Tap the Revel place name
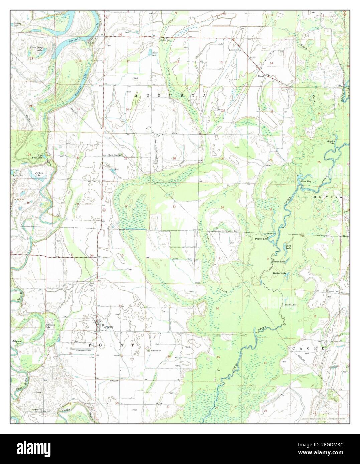tap(261, 76)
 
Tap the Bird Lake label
tap(289, 247)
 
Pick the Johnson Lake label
tap(17, 342)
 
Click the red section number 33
tap(174, 207)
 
